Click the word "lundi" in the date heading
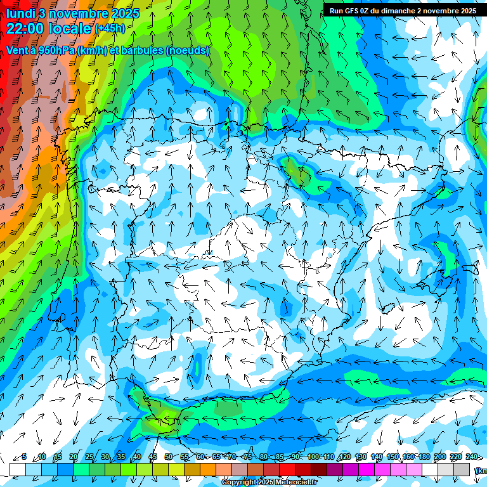pos(20,13)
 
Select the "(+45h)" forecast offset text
pos(110,29)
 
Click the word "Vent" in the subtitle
pos(17,50)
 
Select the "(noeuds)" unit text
pos(187,50)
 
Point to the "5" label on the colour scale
pos(24,457)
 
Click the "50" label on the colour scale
pos(168,457)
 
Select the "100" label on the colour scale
pos(313,457)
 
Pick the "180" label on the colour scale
pos(424,457)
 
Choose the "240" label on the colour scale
pos(471,457)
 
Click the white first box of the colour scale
pos(18,469)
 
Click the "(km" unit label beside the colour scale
pos(481,470)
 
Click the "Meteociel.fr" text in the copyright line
pos(295,483)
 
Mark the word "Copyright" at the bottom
pos(240,483)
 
